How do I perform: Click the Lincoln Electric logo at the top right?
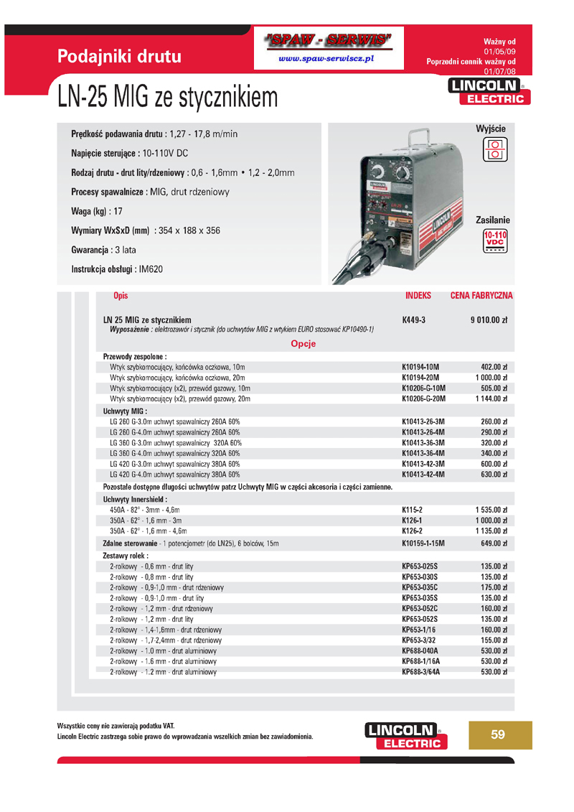[486, 92]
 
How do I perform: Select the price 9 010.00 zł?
[489, 319]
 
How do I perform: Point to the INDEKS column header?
[418, 295]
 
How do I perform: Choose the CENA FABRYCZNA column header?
[481, 295]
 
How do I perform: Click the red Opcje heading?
[303, 343]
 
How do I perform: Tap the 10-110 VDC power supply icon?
[494, 242]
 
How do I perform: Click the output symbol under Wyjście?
[494, 149]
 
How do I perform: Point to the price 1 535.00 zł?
[491, 509]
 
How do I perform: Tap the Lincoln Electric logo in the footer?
[405, 736]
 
